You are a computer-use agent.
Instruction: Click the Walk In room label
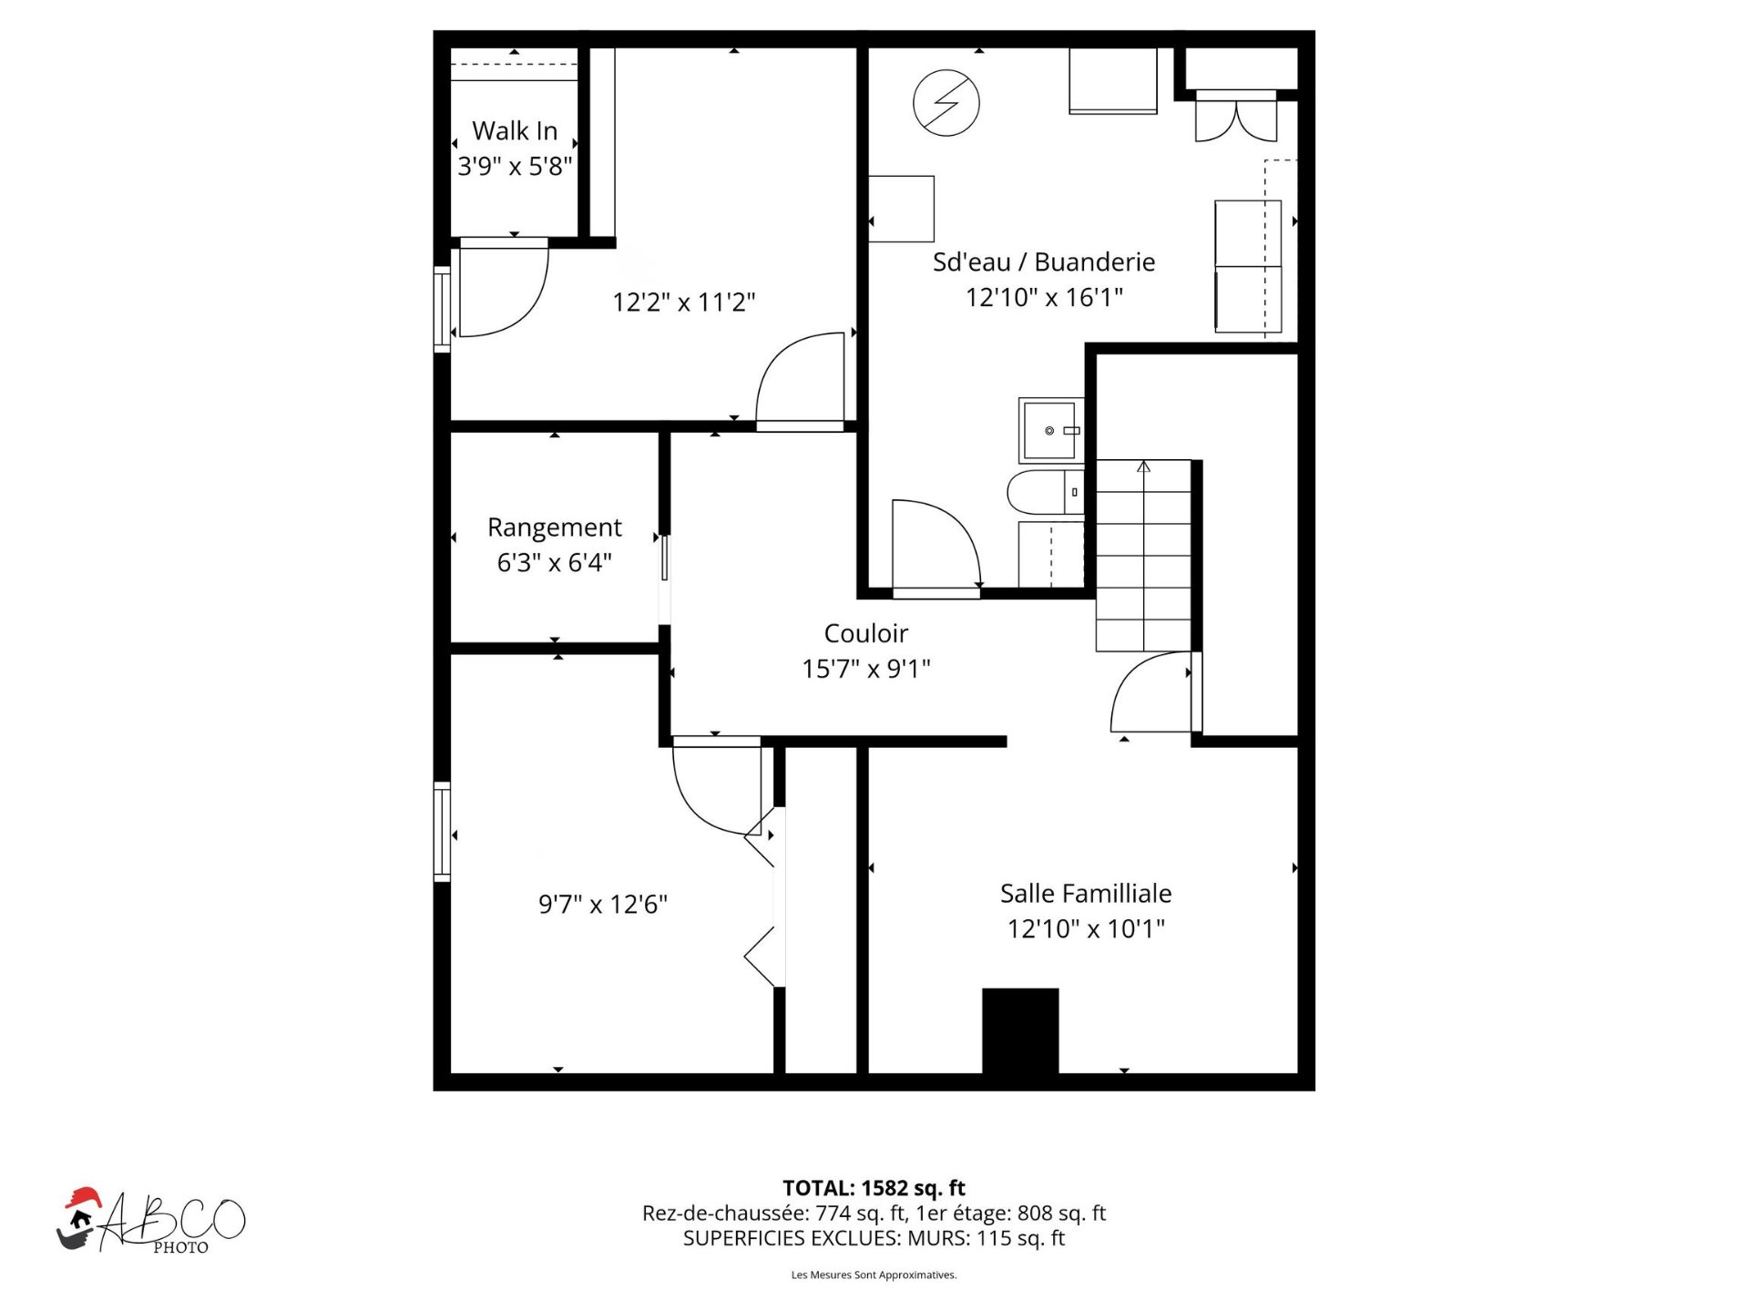pyautogui.click(x=515, y=131)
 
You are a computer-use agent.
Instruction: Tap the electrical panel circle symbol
pyautogui.click(x=946, y=103)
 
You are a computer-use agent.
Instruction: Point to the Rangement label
pyautogui.click(x=554, y=527)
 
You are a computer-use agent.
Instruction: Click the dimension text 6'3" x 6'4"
pyautogui.click(x=554, y=563)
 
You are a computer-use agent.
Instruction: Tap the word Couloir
pyautogui.click(x=865, y=633)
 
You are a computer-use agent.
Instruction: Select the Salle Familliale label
pyautogui.click(x=1085, y=894)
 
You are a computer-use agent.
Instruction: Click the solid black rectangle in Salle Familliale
pyautogui.click(x=1019, y=1030)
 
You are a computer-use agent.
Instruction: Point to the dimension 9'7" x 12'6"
pyautogui.click(x=602, y=905)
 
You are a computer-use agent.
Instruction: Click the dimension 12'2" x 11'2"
pyautogui.click(x=683, y=302)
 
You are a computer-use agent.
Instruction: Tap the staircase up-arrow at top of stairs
pyautogui.click(x=1143, y=467)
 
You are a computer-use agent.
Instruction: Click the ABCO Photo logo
pyautogui.click(x=150, y=1222)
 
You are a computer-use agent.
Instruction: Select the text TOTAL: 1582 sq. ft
pyautogui.click(x=873, y=1188)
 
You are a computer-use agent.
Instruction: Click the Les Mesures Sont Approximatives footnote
pyautogui.click(x=873, y=1275)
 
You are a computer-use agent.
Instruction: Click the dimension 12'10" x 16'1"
pyautogui.click(x=1044, y=298)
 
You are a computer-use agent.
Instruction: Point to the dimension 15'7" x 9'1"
pyautogui.click(x=865, y=670)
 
